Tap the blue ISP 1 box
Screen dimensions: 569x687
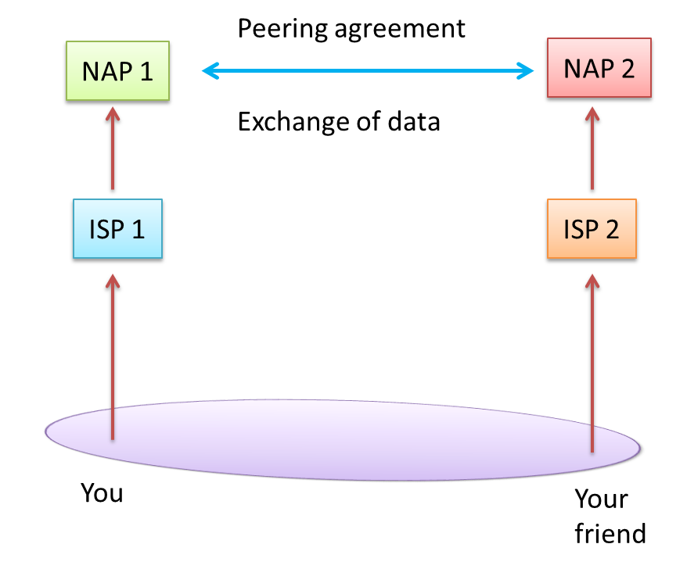pyautogui.click(x=117, y=230)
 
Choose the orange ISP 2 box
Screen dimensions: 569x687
pyautogui.click(x=591, y=230)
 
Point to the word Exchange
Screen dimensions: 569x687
pyautogui.click(x=286, y=122)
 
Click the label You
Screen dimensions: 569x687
pyautogui.click(x=102, y=494)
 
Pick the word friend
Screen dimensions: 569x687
pyautogui.click(x=610, y=534)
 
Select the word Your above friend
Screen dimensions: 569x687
pyautogui.click(x=601, y=499)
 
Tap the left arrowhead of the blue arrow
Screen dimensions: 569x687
pyautogui.click(x=210, y=72)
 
